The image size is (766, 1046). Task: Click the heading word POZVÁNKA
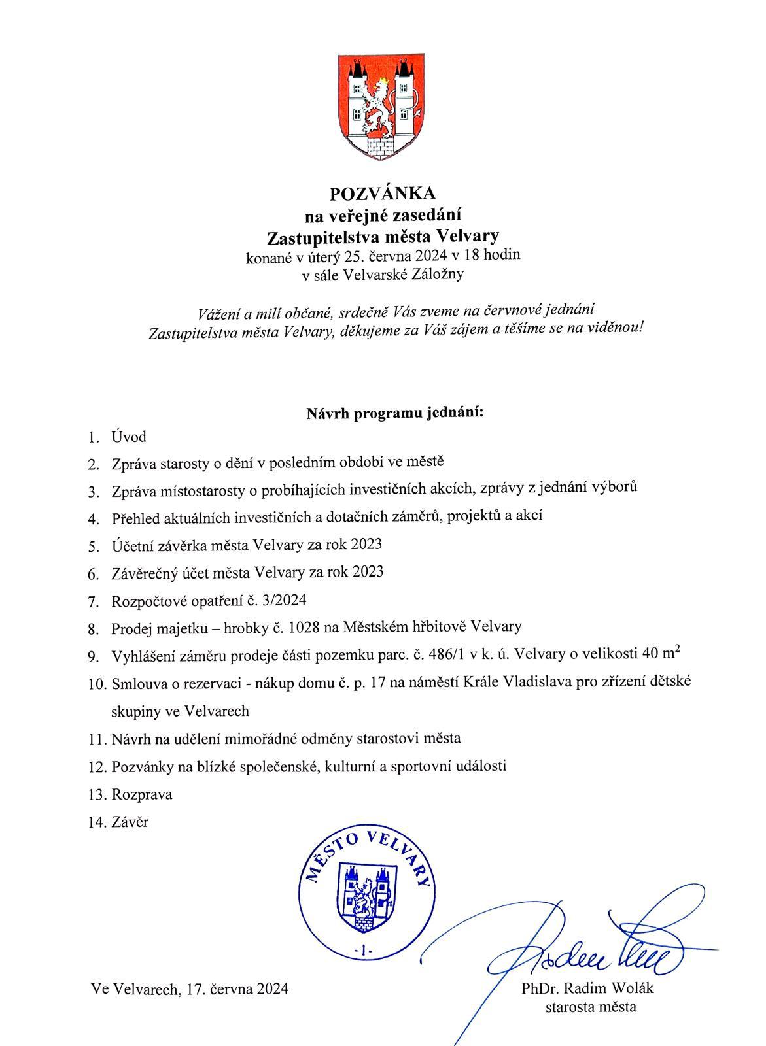[x=382, y=194]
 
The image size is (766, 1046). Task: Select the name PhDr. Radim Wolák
[x=587, y=988]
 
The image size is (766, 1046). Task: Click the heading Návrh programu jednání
[x=394, y=413]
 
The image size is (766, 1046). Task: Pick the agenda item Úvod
[x=129, y=437]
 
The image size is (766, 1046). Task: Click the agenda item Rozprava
[x=142, y=794]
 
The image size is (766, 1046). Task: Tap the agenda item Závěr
[x=130, y=822]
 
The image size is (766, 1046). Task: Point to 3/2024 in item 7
[x=282, y=599]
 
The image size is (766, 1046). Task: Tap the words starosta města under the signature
[x=591, y=1007]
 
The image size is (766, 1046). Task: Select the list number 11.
[x=96, y=739]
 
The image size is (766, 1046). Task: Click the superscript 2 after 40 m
[x=676, y=649]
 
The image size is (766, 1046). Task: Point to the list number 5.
[x=94, y=547]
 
